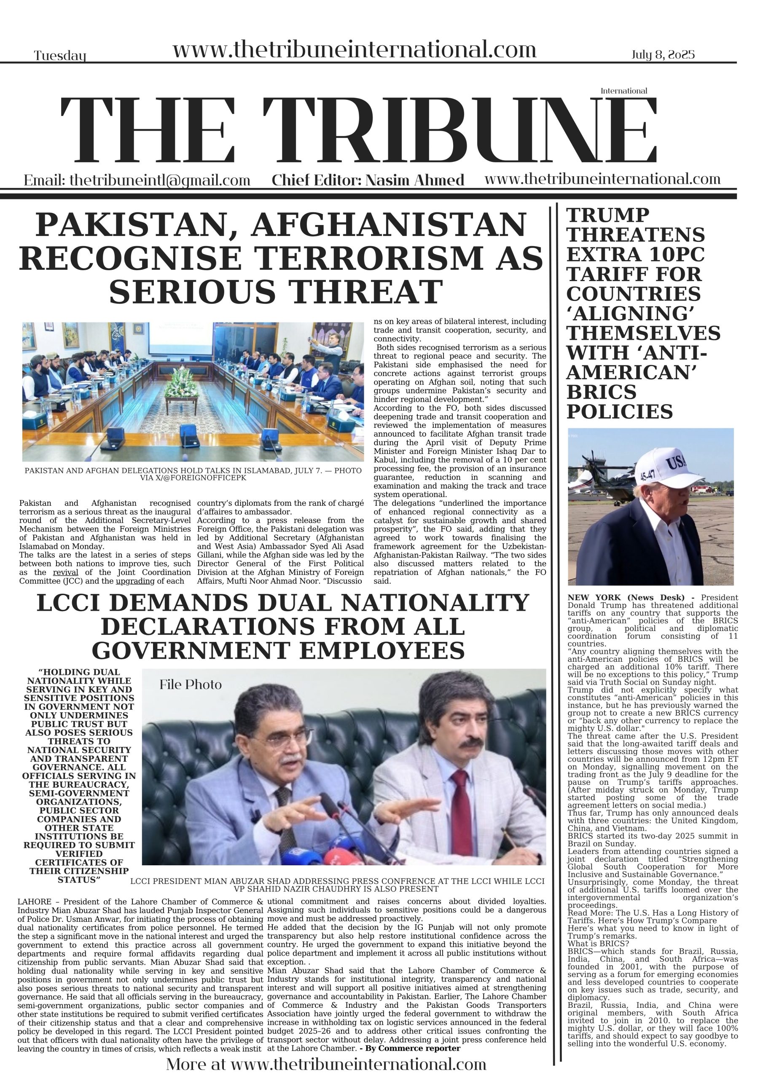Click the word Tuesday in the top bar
[x=60, y=56]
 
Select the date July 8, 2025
[x=662, y=54]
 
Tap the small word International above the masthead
[x=623, y=91]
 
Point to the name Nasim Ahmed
[x=415, y=180]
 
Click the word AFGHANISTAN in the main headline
[x=388, y=225]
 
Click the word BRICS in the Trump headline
[x=601, y=392]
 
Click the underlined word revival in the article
[x=65, y=572]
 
